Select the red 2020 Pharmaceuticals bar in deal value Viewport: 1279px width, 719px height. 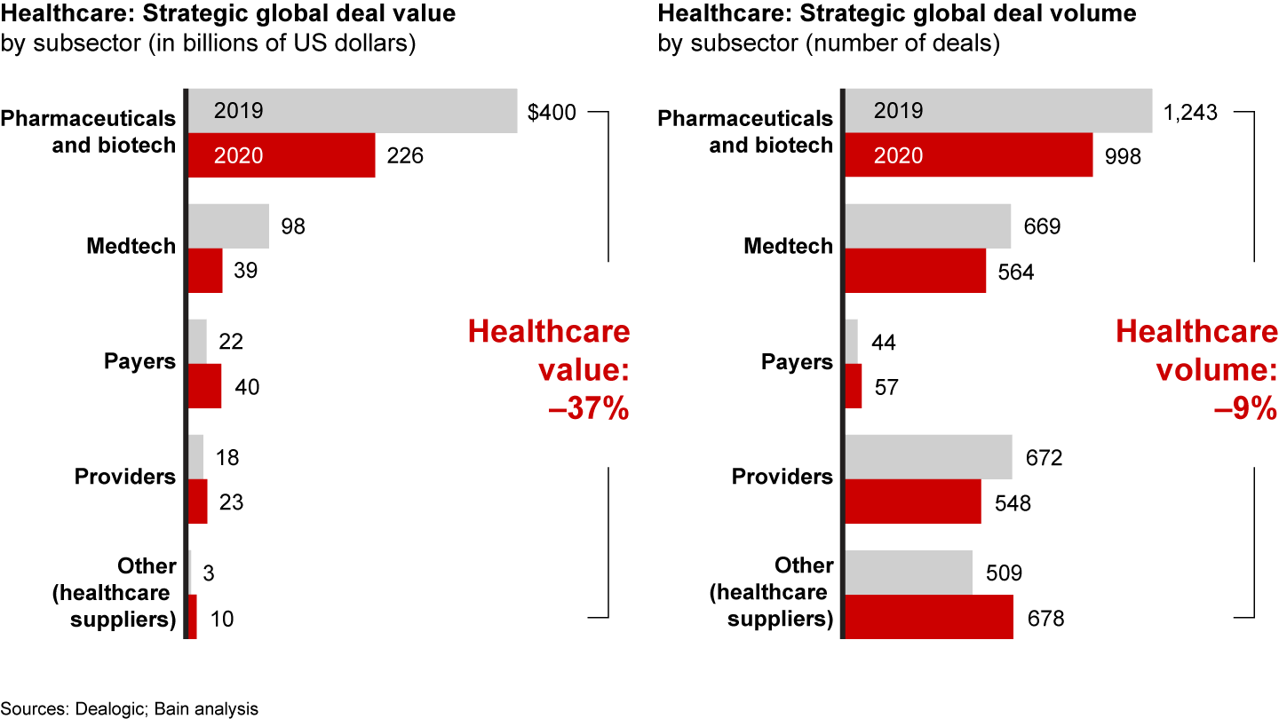click(281, 155)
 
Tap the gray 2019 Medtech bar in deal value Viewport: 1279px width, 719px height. click(228, 226)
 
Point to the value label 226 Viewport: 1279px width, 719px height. click(405, 156)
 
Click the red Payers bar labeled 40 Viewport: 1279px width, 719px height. click(205, 386)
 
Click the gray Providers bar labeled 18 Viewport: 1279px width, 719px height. click(196, 457)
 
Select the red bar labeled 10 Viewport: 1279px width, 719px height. click(192, 617)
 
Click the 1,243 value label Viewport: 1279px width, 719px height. click(1190, 113)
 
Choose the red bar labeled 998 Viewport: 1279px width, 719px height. click(968, 155)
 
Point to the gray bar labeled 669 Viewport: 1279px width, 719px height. click(927, 226)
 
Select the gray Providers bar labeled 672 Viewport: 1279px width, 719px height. click(928, 457)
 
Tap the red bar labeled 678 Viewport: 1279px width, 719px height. click(928, 617)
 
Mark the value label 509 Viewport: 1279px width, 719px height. click(1004, 573)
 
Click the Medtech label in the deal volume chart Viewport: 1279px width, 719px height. click(789, 246)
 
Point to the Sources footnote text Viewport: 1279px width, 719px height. click(130, 708)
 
